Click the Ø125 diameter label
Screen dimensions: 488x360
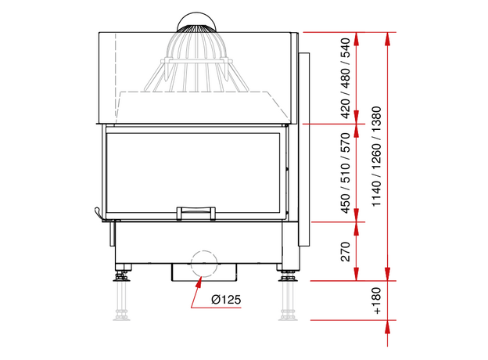(x=226, y=300)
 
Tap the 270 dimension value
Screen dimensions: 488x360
(x=346, y=251)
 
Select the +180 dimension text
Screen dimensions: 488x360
(x=376, y=301)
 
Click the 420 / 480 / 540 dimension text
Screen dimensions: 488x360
(x=346, y=78)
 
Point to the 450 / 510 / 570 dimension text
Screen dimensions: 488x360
(x=346, y=173)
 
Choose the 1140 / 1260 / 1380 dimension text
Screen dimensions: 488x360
(x=376, y=157)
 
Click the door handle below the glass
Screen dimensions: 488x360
(x=196, y=213)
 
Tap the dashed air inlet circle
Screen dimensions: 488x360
(x=204, y=264)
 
